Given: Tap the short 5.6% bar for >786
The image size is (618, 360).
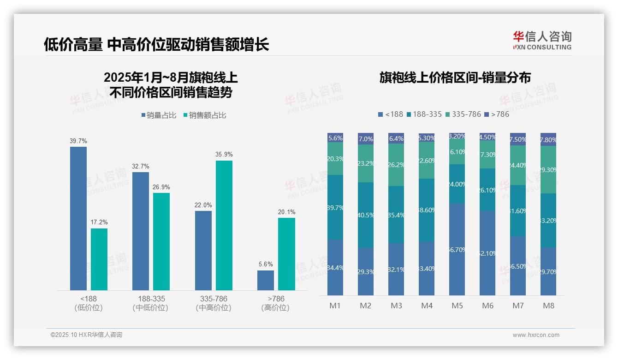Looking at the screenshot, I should [x=265, y=280].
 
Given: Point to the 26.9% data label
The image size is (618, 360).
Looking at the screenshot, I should [x=161, y=187].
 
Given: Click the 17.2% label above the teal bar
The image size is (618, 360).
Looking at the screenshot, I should [x=99, y=222].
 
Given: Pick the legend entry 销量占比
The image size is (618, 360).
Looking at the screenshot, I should [x=158, y=115].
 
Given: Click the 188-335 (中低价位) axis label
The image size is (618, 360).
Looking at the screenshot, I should [x=150, y=303].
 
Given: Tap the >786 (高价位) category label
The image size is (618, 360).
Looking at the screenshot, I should [x=275, y=303].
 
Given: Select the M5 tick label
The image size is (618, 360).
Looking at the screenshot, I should [x=457, y=306].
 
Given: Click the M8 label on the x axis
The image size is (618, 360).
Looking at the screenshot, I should [x=548, y=306].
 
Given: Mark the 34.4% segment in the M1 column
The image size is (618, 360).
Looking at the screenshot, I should [x=335, y=268].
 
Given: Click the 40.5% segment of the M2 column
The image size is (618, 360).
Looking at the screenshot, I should [x=366, y=215].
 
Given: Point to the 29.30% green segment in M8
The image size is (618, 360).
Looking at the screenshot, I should [x=548, y=170].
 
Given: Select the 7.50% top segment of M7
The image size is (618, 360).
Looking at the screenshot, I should [x=518, y=139].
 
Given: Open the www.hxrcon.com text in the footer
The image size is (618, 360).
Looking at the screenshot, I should [x=535, y=335].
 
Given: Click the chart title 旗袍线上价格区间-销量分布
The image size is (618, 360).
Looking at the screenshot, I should [x=455, y=78].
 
